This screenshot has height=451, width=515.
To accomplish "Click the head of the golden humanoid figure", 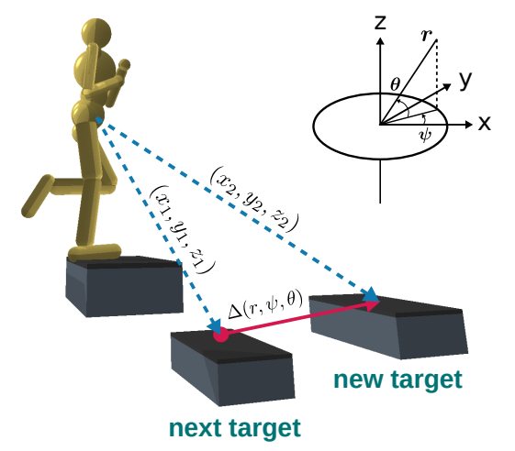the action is (96, 33).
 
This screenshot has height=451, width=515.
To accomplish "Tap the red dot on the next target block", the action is (220, 335).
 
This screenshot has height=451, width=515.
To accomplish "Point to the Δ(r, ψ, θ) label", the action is (265, 303).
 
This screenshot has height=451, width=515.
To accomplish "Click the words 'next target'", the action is (235, 428).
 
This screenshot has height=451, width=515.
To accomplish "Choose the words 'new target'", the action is (397, 379).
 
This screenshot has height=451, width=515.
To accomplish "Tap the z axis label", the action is (380, 22).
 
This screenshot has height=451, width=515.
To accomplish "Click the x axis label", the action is (484, 124).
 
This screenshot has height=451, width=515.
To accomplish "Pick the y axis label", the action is (465, 80).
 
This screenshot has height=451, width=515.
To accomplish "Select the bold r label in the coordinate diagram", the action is (426, 35).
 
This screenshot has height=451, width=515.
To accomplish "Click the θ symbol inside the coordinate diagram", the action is (396, 84).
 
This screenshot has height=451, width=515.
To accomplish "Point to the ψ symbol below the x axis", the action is (425, 135).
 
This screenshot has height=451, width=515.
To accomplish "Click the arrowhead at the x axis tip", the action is (469, 125).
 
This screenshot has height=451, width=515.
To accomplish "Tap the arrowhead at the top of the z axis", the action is (380, 41).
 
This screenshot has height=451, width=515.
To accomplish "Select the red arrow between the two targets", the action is (300, 317).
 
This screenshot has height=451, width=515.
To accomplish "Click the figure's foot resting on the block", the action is (95, 252).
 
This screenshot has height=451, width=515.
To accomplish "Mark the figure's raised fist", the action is (124, 66).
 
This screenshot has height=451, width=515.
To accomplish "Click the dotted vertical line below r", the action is (437, 74).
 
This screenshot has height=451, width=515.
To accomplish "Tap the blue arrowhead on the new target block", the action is (372, 294).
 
